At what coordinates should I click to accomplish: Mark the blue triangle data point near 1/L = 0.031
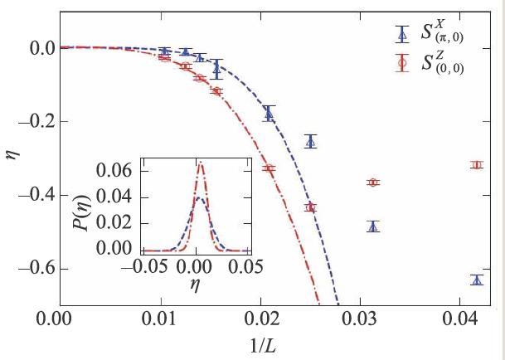click(373, 226)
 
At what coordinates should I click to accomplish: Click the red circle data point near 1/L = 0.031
click(373, 182)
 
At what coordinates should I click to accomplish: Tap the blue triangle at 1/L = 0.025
click(310, 141)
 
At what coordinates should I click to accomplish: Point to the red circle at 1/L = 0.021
click(269, 168)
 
